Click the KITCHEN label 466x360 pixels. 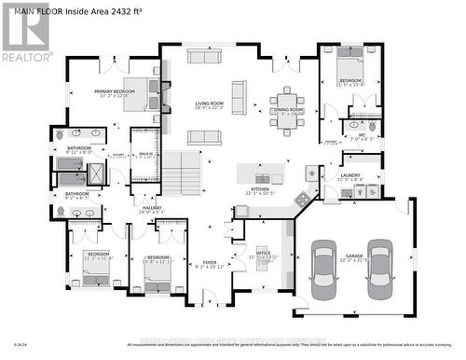260,190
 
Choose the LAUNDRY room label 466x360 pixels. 350,174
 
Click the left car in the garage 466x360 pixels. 324,264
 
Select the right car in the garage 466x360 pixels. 378,264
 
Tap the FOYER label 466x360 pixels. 210,264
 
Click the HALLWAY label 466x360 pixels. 151,210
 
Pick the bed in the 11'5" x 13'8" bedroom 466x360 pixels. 351,70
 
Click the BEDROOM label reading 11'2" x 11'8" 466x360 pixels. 98,256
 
